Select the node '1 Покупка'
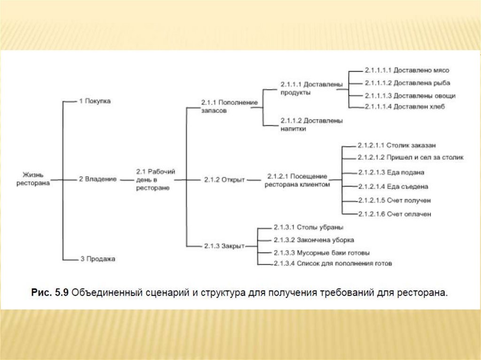(94, 101)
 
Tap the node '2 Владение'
(97, 179)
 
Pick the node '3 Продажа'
(97, 259)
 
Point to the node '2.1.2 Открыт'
(225, 179)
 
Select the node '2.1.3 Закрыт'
(224, 245)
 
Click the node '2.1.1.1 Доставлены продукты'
(311, 88)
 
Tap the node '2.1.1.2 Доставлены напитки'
(311, 124)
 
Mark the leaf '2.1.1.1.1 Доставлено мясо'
(407, 70)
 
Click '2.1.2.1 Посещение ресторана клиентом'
(297, 180)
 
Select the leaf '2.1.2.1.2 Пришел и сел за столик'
(410, 157)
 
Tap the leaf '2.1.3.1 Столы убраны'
(308, 227)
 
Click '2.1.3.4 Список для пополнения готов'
(333, 263)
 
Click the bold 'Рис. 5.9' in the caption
(50, 292)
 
